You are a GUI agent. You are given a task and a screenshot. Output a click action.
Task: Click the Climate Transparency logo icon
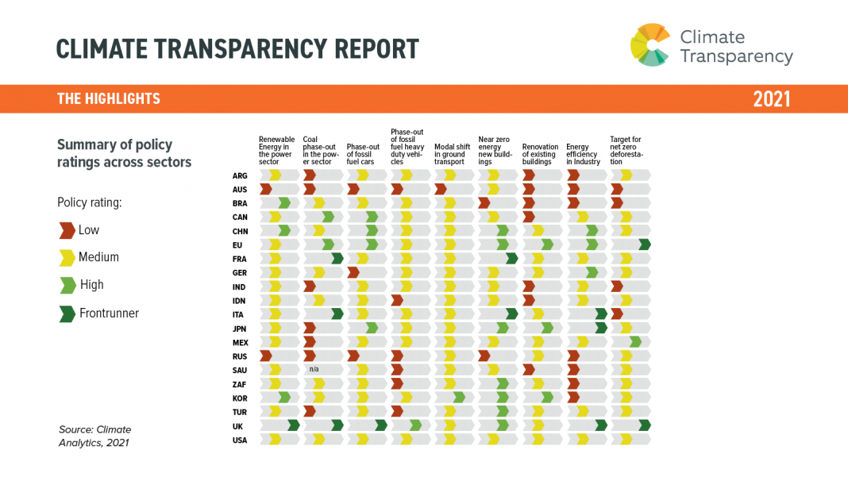pos(650,45)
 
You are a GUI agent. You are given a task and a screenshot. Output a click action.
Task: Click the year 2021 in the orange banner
pos(771,99)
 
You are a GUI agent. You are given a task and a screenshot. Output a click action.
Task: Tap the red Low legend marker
pos(67,230)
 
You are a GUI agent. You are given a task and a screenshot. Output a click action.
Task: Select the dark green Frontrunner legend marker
pos(67,314)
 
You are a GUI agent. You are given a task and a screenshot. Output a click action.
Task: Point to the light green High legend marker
pos(67,285)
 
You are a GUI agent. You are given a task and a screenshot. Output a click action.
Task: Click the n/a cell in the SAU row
pos(314,370)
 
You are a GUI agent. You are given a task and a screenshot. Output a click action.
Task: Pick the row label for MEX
pos(240,342)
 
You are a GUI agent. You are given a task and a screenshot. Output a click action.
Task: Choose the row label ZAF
pos(240,384)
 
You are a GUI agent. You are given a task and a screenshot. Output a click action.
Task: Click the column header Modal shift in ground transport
pos(452,154)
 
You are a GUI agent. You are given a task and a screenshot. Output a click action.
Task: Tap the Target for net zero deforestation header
pos(626,151)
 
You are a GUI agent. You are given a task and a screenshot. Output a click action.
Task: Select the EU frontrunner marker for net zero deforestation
pos(645,244)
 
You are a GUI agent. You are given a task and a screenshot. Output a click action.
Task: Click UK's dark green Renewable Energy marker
pos(293,425)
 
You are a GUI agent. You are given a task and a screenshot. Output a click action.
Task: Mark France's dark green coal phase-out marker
pos(337,258)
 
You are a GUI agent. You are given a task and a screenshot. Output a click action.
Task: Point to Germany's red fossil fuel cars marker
pos(354,272)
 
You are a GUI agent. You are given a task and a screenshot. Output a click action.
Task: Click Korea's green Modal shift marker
pos(459,398)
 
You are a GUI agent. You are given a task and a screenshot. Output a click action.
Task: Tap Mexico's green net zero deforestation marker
pos(635,342)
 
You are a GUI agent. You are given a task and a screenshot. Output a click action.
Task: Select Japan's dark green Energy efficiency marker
pos(601,328)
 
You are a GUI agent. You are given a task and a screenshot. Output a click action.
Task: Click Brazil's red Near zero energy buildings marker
pos(484,203)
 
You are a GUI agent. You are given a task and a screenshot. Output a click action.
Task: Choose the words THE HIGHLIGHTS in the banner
pos(108,99)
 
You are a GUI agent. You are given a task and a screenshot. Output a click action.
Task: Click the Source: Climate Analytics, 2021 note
pos(94,437)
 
